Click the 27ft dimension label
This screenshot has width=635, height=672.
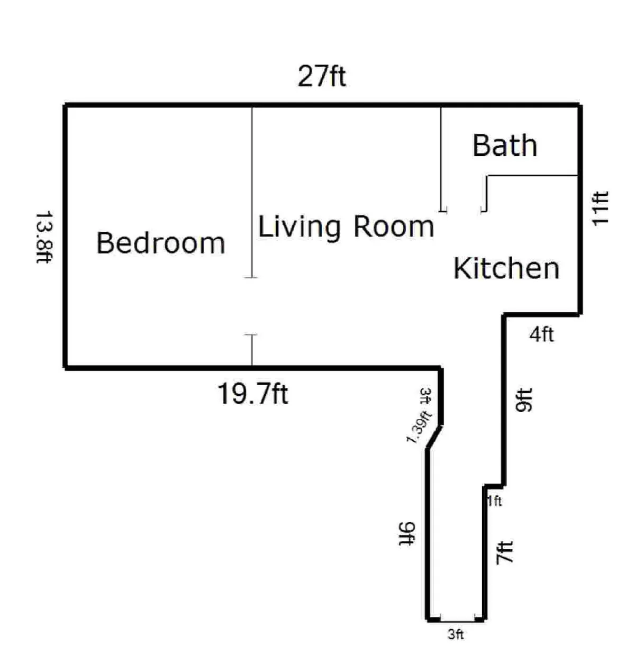322,76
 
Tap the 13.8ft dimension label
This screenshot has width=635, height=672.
44,238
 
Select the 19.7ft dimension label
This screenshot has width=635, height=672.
253,394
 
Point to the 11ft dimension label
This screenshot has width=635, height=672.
600,209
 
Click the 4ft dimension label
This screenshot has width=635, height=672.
541,334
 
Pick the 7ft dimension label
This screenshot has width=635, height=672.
504,552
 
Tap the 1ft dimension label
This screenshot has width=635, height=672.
495,501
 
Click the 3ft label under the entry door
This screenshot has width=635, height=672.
456,634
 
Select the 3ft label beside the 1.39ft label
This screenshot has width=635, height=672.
425,396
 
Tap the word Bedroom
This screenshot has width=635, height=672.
161,243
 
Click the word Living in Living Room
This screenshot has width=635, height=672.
299,226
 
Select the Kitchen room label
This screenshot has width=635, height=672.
506,268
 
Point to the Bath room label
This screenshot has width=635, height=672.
505,146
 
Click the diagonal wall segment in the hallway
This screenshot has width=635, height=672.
434,437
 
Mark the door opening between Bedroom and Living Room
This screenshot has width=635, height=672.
252,306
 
